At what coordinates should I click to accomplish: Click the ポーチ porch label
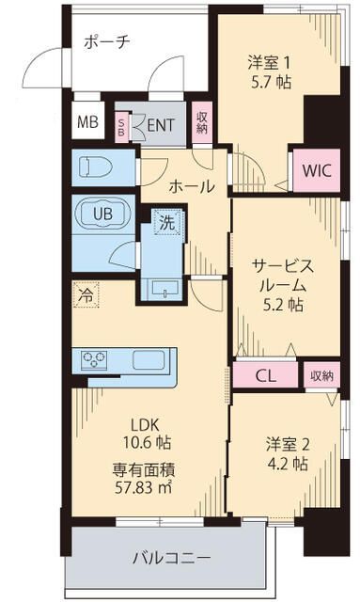click(x=107, y=41)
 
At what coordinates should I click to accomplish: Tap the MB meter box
click(x=86, y=121)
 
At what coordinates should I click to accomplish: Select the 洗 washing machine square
click(x=165, y=225)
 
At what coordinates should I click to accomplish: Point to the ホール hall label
click(x=191, y=186)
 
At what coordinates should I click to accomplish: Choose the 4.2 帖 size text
click(x=285, y=463)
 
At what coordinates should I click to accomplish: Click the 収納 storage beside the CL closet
click(x=321, y=375)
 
